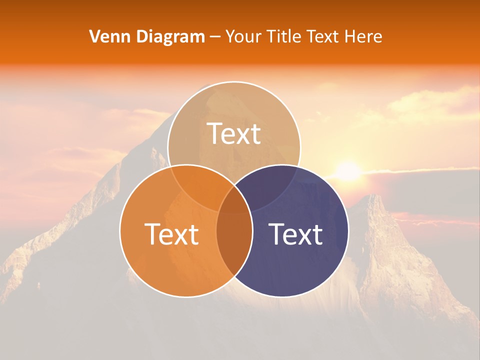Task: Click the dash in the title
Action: pyautogui.click(x=215, y=37)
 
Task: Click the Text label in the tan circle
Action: pyautogui.click(x=234, y=134)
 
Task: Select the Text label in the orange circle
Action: pyautogui.click(x=171, y=234)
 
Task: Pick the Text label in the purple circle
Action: pyautogui.click(x=295, y=234)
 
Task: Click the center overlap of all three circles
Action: pyautogui.click(x=234, y=200)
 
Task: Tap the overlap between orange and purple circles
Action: pyautogui.click(x=234, y=240)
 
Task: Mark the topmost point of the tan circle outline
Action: pyautogui.click(x=234, y=81)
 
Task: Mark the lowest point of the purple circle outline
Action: pyautogui.click(x=282, y=297)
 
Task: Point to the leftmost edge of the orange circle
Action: pyautogui.click(x=119, y=231)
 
